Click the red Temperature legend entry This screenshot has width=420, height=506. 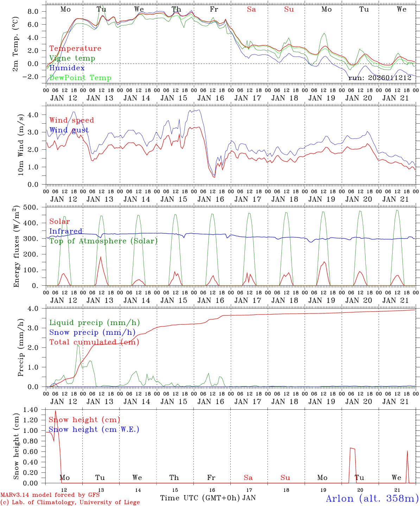pos(75,48)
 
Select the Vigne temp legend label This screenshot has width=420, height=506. pos(72,58)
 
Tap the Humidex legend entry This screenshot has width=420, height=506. pos(67,68)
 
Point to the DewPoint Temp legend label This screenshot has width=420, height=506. pos(80,78)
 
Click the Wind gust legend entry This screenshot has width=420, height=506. pos(69,130)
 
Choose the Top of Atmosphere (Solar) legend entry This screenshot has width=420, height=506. pos(103,241)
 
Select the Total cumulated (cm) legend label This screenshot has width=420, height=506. pos(94,342)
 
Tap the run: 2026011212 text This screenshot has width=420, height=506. pos(380,78)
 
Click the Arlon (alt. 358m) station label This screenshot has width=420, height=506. pos(372,498)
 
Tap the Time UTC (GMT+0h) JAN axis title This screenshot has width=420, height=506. pos(208,498)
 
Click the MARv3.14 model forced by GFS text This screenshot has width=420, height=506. pos(50,495)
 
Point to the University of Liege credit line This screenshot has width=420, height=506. pos(70,502)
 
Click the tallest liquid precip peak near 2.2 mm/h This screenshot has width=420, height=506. pos(78,345)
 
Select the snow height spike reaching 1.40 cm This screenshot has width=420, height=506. pos(55,411)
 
